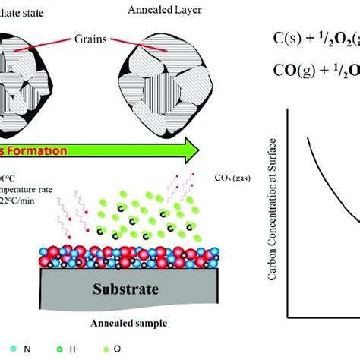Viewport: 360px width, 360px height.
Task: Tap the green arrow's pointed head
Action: click(217, 152)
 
